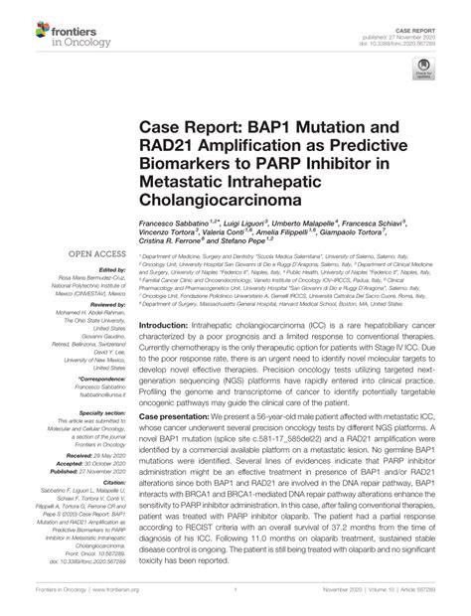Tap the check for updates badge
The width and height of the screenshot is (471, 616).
(425, 75)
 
